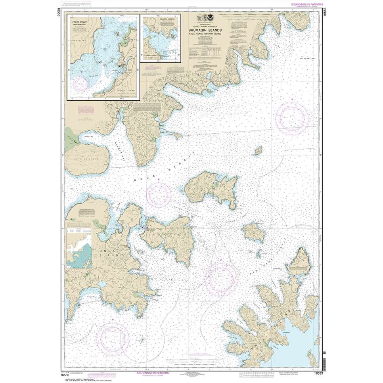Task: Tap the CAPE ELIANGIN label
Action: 85,158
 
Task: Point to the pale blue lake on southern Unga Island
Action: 102,285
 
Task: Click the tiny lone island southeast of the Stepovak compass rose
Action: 258,151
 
